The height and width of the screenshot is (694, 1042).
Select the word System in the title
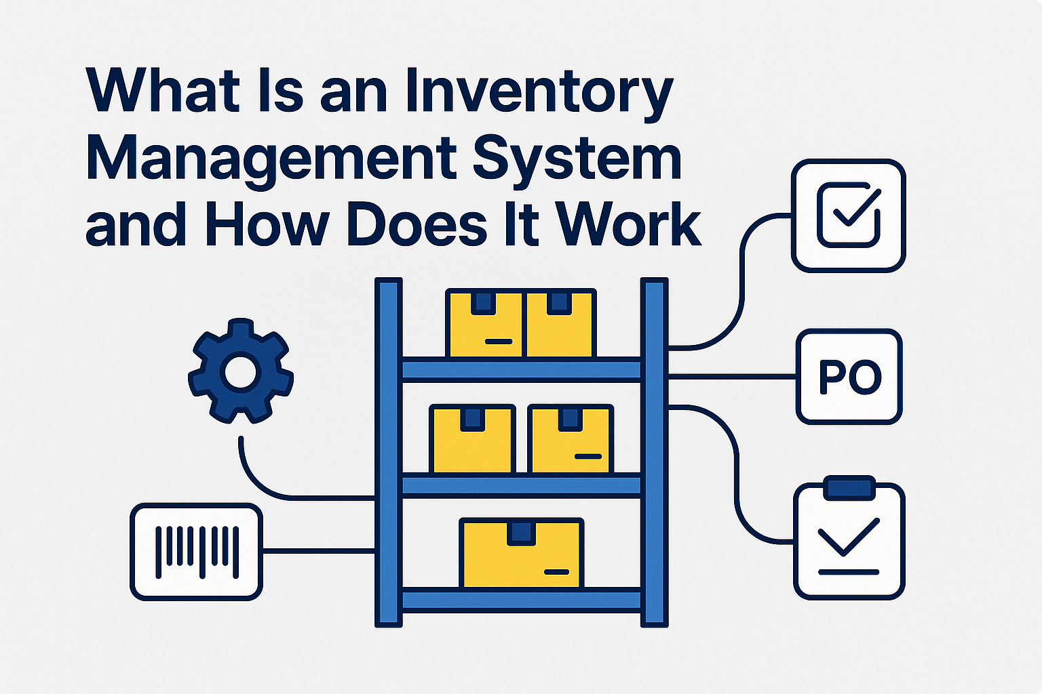click(577, 159)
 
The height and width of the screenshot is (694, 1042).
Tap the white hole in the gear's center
click(240, 372)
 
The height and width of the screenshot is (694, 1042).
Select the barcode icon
click(196, 552)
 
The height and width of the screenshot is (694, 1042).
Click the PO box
click(849, 377)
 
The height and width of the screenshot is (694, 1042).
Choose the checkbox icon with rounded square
click(849, 216)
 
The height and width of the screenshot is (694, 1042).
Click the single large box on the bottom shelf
click(521, 553)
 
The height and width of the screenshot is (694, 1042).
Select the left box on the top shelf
click(485, 323)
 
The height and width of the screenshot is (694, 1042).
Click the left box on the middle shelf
click(473, 438)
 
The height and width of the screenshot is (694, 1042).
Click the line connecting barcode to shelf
click(319, 552)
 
